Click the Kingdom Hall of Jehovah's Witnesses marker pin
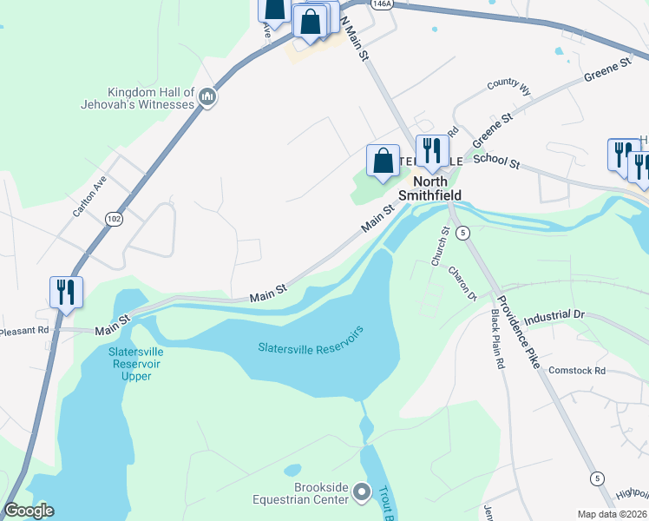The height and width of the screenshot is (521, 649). click(206, 96)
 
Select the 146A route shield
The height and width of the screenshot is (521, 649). click(380, 4)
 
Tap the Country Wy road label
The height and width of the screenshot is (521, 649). click(508, 85)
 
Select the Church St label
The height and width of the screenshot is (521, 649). click(440, 247)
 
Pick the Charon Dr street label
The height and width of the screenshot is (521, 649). click(462, 283)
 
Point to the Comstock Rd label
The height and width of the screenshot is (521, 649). click(576, 371)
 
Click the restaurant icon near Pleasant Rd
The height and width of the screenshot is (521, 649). click(66, 292)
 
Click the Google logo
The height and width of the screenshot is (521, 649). click(29, 511)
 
